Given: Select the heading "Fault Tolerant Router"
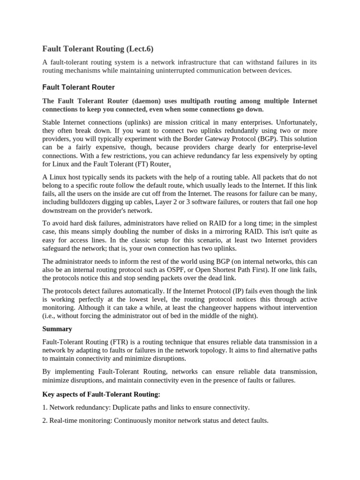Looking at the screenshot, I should (x=79, y=87).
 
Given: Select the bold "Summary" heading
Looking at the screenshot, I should (x=57, y=329).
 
